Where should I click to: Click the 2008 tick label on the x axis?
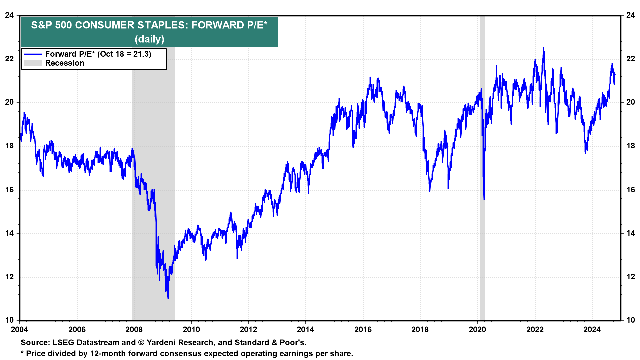[x=134, y=330]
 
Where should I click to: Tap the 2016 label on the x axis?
[x=363, y=330]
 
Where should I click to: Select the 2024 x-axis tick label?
[x=592, y=330]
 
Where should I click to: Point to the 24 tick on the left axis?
[x=9, y=15]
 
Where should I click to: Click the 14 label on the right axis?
[x=630, y=233]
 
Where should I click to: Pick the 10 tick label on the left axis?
[x=9, y=320]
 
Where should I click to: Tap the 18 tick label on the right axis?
[x=630, y=146]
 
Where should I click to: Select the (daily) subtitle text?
[x=149, y=39]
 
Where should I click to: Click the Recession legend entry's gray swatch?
[x=33, y=63]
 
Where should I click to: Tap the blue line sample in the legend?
[x=33, y=54]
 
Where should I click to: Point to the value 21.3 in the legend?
[x=142, y=54]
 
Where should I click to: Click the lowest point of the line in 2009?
[x=168, y=298]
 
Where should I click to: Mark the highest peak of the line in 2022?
[x=544, y=48]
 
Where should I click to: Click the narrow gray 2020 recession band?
[x=482, y=167]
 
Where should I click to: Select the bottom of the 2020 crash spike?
[x=484, y=199]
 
